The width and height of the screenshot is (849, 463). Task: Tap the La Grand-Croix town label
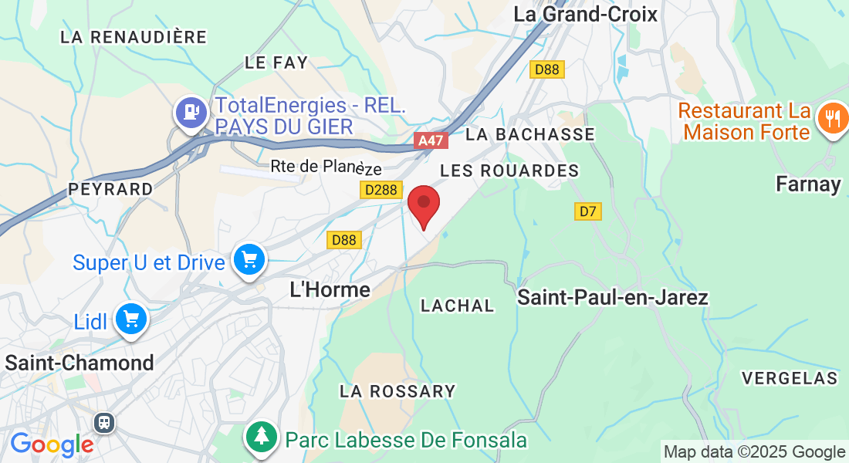click(585, 14)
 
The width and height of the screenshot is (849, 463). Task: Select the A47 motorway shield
click(431, 140)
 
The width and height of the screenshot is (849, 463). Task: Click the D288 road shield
click(379, 190)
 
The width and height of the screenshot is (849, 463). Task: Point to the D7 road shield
click(588, 211)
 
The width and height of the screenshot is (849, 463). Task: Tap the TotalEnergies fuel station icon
click(190, 112)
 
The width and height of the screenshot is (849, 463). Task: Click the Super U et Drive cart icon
click(249, 259)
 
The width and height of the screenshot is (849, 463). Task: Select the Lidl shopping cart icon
click(130, 318)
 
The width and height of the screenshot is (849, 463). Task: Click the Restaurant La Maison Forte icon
click(831, 119)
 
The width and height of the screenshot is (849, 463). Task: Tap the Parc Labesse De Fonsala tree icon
click(262, 437)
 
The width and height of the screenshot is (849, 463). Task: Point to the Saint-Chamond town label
click(79, 362)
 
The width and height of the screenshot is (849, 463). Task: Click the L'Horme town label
click(330, 289)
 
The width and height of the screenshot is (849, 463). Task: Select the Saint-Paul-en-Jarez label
click(613, 297)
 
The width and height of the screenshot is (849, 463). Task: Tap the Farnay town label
click(809, 184)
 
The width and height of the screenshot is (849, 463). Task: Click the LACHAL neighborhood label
click(457, 306)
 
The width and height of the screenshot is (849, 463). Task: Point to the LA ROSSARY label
click(397, 391)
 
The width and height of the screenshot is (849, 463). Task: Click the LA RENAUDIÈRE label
click(134, 37)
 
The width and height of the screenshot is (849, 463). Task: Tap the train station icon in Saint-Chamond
click(103, 422)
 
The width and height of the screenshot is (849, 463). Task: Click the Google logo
click(52, 444)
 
